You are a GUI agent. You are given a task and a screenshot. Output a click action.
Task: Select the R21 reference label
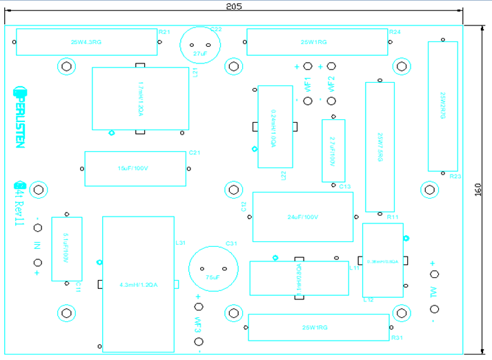click(x=164, y=32)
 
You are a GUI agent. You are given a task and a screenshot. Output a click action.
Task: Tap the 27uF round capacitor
click(x=200, y=46)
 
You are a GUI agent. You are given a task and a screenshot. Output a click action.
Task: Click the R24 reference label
click(x=395, y=32)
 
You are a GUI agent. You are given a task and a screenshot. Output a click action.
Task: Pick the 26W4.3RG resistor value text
click(x=86, y=43)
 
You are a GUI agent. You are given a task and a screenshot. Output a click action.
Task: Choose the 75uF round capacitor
click(x=213, y=270)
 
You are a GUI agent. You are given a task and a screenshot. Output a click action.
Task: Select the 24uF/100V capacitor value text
click(x=302, y=217)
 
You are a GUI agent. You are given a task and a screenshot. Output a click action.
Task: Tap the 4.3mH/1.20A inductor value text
click(x=138, y=284)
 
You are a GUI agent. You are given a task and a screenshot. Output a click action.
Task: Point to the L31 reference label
click(x=181, y=243)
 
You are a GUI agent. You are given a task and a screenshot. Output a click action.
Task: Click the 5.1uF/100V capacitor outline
click(x=66, y=250)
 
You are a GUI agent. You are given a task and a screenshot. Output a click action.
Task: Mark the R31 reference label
click(x=396, y=338)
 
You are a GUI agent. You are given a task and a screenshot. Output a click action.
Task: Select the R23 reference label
click(x=455, y=177)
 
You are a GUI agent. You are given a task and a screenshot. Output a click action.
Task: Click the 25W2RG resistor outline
click(x=442, y=106)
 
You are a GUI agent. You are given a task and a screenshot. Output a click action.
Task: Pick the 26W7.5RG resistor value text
click(x=379, y=147)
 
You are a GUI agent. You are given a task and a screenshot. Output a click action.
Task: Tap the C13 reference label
click(x=345, y=187)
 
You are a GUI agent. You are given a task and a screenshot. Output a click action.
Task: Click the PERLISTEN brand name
click(x=20, y=117)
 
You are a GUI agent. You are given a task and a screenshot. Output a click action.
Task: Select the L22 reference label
click(x=284, y=176)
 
